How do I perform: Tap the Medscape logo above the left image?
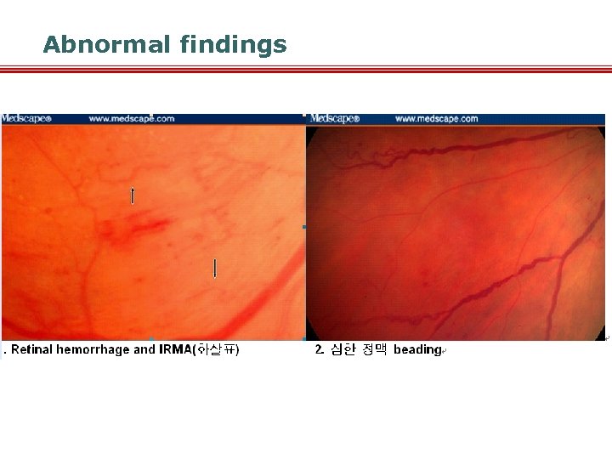tap(26, 119)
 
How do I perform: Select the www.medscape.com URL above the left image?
tap(131, 119)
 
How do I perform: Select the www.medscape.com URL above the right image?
tap(436, 119)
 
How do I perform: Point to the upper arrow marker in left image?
tap(132, 195)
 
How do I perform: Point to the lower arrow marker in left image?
tap(215, 269)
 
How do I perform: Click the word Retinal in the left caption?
tap(32, 349)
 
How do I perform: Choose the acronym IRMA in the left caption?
tap(176, 349)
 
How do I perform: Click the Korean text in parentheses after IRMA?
tap(217, 349)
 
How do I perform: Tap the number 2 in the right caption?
tap(318, 349)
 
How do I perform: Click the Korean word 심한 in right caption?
tap(342, 349)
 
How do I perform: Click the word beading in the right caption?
tap(416, 349)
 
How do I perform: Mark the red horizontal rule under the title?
tap(306, 70)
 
